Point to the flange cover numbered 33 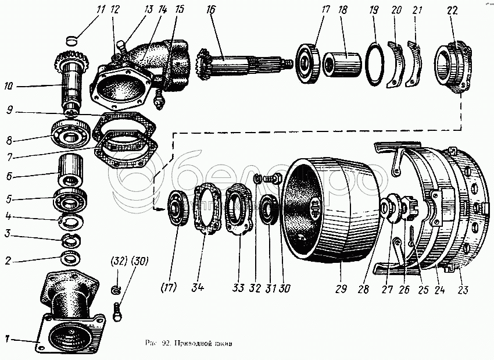pyautogui.click(x=240, y=210)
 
